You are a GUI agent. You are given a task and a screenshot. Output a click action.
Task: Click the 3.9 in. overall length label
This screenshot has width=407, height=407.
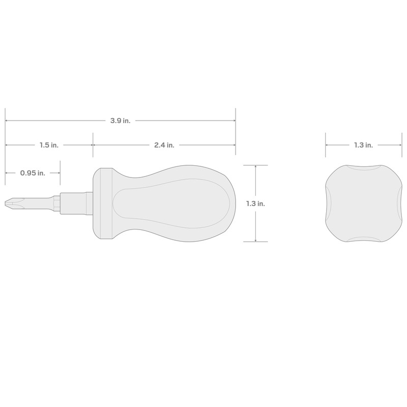point(121,121)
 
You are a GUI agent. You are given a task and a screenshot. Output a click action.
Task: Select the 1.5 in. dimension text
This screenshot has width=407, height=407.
point(49,145)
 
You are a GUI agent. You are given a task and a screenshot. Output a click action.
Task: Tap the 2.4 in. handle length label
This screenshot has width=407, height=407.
point(164,145)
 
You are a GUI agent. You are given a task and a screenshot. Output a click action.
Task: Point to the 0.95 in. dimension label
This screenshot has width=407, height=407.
point(33,173)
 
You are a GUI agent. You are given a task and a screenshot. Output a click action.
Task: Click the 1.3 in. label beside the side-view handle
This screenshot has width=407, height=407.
point(255,203)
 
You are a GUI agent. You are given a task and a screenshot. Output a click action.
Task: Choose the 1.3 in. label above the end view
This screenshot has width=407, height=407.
point(363,145)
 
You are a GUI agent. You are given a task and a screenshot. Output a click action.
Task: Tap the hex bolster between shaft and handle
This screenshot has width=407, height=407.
point(76,203)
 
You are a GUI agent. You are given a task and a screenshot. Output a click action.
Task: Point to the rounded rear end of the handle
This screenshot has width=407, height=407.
point(231,203)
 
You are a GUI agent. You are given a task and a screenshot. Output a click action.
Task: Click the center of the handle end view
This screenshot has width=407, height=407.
point(363,203)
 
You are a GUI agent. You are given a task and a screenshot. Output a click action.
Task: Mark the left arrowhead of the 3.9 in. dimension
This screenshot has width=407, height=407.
point(7,121)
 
